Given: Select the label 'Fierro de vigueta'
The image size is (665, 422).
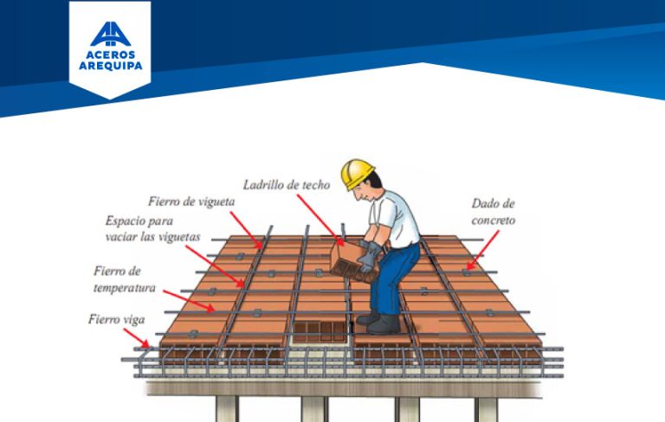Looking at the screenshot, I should tap(191, 201).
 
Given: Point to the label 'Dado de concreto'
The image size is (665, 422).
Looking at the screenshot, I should tap(493, 212).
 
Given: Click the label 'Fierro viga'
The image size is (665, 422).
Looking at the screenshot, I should tap(116, 319).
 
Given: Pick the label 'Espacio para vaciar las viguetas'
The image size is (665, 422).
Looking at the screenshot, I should tap(152, 228).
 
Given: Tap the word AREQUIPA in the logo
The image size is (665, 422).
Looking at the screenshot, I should tap(110, 65).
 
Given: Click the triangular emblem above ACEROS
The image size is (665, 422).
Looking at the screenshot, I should tap(110, 32).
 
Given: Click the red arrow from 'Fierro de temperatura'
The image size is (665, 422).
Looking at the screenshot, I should tap(192, 298).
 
